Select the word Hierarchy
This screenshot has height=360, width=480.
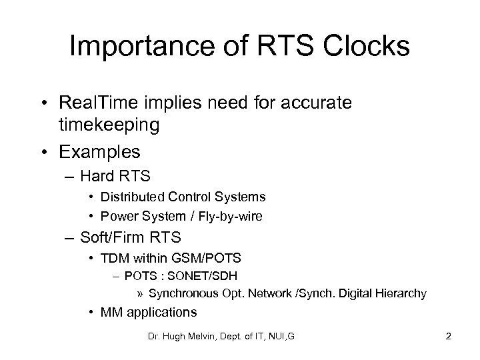[x=403, y=293]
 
